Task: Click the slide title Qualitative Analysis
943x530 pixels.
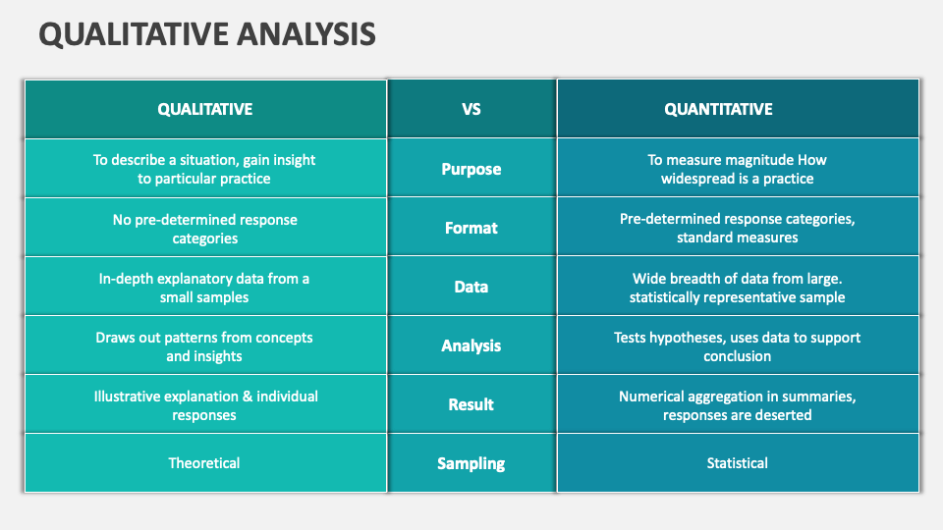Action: tap(207, 34)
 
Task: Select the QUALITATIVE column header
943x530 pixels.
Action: tap(204, 109)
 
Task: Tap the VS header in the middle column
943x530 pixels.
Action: tap(471, 109)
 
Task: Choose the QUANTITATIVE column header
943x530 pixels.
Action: tap(718, 109)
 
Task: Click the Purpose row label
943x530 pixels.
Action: tap(471, 169)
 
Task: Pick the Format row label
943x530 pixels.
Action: tap(471, 228)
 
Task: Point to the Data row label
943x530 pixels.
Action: tap(471, 287)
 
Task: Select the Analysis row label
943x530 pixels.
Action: tap(471, 345)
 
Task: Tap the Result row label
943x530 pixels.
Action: tap(471, 404)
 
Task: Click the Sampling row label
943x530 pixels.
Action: tap(471, 463)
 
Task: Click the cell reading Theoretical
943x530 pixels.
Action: tap(204, 463)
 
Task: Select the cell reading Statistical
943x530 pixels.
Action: tap(737, 463)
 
